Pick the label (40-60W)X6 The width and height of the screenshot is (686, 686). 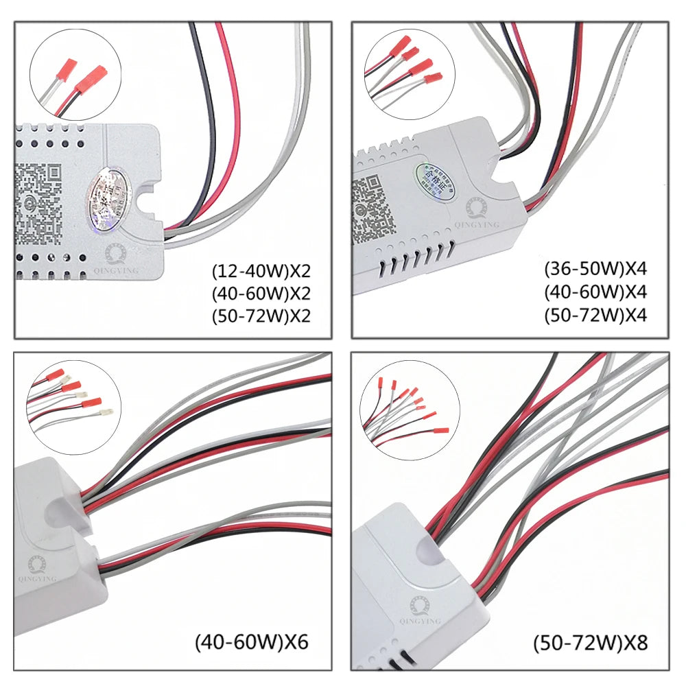pos(252,643)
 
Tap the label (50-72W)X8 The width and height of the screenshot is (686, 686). pos(591,643)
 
